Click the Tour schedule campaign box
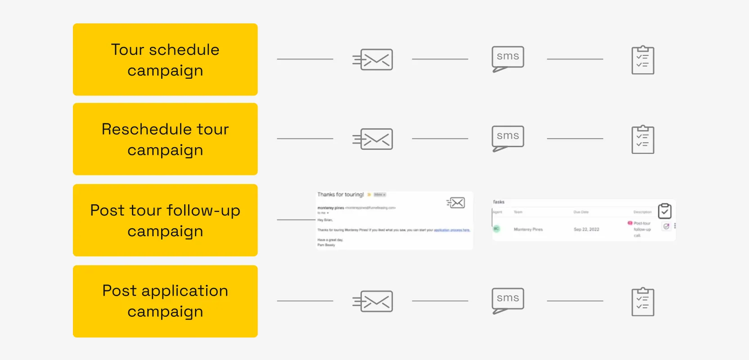165,59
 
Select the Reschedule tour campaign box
165,139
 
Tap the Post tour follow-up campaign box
165,220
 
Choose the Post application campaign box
165,301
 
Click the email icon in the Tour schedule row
373,59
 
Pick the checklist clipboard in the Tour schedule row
643,60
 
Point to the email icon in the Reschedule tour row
373,139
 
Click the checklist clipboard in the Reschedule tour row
643,140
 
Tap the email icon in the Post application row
373,301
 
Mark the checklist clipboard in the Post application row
643,302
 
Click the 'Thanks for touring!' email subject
341,194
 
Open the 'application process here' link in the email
451,230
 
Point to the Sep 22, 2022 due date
586,229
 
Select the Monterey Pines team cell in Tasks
528,229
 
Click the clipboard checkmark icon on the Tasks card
665,211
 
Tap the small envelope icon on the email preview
456,203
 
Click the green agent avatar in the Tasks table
496,229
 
